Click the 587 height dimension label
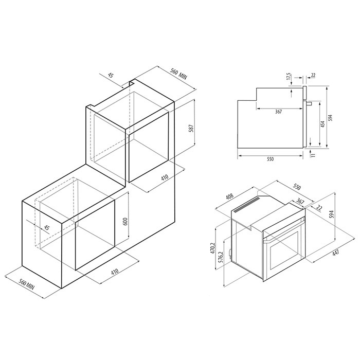(x=191, y=129)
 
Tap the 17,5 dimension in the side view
(x=289, y=77)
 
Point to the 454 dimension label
(x=322, y=124)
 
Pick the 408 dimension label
(x=229, y=196)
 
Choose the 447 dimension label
(x=335, y=253)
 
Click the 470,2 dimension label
(x=213, y=248)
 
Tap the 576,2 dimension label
(x=221, y=258)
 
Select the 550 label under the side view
(x=271, y=159)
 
